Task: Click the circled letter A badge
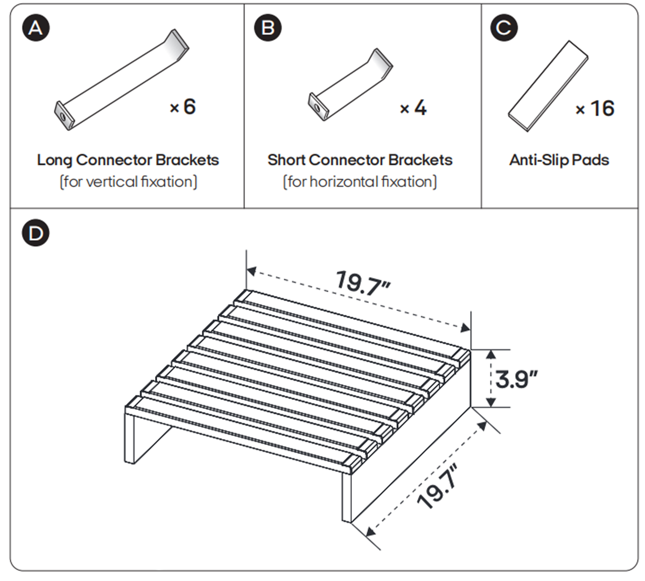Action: tap(36, 28)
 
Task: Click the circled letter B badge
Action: tap(268, 28)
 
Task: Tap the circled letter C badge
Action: tap(504, 28)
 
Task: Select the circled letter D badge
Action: tap(36, 233)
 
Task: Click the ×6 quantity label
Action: tap(183, 107)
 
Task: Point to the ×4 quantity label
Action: tap(413, 108)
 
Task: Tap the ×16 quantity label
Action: tap(595, 109)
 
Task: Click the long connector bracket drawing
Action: tap(122, 80)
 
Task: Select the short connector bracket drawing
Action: tap(350, 84)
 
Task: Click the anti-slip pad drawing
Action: tap(548, 86)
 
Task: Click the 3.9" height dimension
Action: tap(516, 379)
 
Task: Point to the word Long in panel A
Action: tap(55, 160)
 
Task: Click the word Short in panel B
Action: tap(286, 160)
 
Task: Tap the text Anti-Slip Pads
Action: tap(559, 160)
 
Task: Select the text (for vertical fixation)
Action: tap(128, 182)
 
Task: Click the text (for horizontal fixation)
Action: tap(360, 182)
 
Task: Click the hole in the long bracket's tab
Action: tap(62, 116)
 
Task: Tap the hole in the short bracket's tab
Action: tap(317, 108)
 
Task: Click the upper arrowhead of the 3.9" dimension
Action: tap(490, 354)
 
